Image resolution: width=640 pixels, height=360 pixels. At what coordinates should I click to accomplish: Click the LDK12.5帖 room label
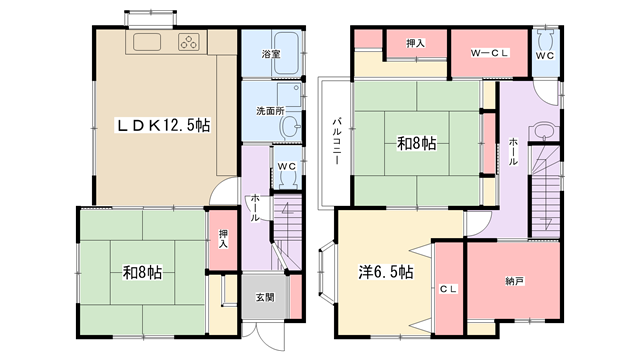click(163, 125)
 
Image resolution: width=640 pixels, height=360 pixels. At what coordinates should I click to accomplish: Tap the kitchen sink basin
click(147, 42)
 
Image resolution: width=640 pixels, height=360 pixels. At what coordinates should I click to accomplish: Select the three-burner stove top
click(189, 42)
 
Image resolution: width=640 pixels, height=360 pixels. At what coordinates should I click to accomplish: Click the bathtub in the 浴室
click(287, 53)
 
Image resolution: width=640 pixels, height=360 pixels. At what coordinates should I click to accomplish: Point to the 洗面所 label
click(271, 111)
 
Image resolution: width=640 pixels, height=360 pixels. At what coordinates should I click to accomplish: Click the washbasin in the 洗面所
click(290, 127)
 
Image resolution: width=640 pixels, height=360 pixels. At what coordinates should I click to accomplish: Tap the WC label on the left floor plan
click(287, 167)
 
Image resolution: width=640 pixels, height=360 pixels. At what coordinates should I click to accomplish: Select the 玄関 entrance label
click(265, 298)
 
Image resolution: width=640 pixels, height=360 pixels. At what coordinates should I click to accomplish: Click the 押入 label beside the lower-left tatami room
click(223, 239)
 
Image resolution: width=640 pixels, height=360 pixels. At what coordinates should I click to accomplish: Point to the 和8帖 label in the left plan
click(142, 273)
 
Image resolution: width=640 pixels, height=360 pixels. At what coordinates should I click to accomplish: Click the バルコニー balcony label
click(337, 141)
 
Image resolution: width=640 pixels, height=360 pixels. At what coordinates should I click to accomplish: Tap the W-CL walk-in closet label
click(490, 53)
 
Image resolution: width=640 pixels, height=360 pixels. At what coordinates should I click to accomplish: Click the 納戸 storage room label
click(514, 281)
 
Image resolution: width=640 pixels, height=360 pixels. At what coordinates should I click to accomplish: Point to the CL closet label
click(449, 289)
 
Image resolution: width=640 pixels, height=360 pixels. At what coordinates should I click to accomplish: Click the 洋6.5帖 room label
click(386, 272)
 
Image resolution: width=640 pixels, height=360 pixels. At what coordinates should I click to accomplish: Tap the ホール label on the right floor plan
click(513, 151)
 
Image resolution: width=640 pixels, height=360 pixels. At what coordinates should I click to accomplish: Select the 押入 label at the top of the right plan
click(416, 43)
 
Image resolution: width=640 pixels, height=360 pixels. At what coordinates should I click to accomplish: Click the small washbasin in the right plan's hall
click(543, 131)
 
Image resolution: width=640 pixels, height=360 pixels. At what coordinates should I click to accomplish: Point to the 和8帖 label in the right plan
click(417, 143)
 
